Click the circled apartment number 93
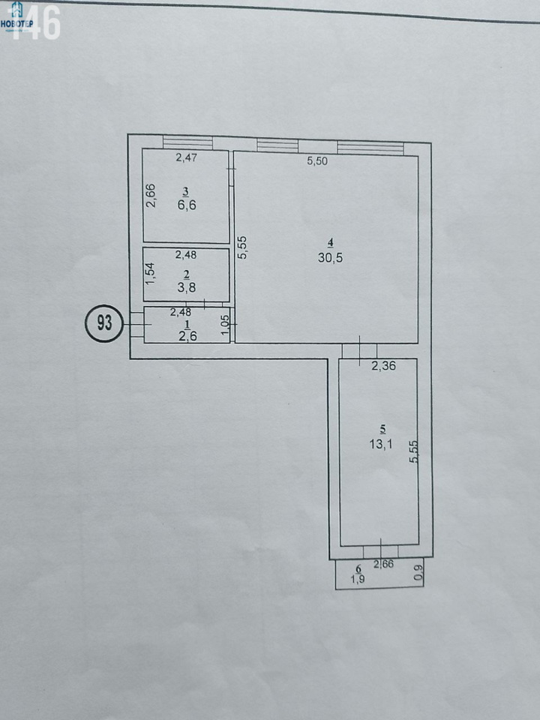[x=104, y=323]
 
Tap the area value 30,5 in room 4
[x=330, y=257]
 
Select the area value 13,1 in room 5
[x=381, y=444]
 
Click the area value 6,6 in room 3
[x=187, y=205]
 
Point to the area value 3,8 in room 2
[x=187, y=287]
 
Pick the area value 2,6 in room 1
[x=187, y=336]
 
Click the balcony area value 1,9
[x=358, y=579]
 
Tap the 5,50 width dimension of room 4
[x=317, y=161]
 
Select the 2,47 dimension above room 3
[x=187, y=157]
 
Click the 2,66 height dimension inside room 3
[x=151, y=196]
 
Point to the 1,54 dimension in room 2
[x=151, y=274]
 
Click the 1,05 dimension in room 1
[x=225, y=325]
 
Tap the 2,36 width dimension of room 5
[x=383, y=366]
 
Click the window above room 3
[x=187, y=142]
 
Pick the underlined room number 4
[x=330, y=243]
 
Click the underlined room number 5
[x=382, y=430]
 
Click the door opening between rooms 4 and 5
[x=359, y=351]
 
